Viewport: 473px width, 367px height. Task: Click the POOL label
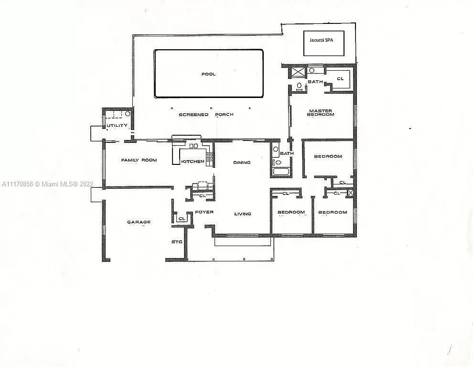coord(208,74)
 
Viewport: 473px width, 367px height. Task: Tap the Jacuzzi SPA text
coord(321,40)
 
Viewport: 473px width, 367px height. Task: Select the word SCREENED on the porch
coord(193,115)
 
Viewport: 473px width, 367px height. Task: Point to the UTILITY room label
coord(117,125)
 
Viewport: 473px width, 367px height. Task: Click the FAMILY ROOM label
coord(139,160)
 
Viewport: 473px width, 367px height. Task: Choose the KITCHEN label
coord(193,162)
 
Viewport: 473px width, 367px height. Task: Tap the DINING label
coord(242,162)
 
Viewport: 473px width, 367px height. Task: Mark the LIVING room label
coord(243,214)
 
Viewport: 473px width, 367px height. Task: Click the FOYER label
coord(204,212)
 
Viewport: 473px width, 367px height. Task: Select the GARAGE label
coord(139,222)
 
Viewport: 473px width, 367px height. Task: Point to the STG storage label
coord(177,242)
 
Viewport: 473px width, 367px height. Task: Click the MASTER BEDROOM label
coord(321,113)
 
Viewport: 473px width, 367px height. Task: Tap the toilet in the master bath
coord(299,87)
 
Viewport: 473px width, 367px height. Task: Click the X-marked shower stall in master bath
coord(294,73)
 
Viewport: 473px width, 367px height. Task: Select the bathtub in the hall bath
coord(281,172)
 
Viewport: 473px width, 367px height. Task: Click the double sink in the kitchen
coord(193,146)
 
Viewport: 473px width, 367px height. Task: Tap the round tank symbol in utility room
coord(128,114)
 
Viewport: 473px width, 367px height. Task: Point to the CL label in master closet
coord(340,79)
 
